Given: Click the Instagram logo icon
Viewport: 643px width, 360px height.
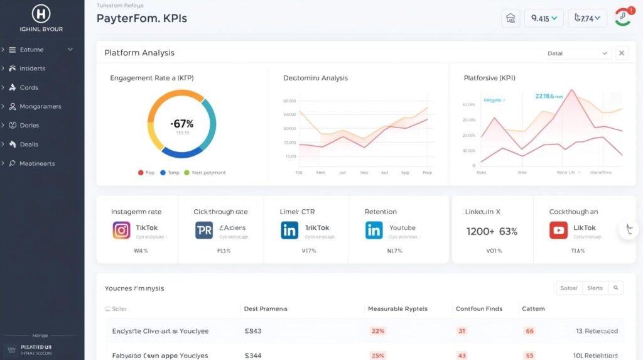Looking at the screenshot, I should click(121, 230).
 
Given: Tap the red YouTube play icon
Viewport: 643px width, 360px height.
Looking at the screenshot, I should click(558, 230).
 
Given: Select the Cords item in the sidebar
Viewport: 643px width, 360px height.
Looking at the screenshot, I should click(29, 87).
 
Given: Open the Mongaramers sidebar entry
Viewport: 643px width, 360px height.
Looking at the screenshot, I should click(40, 106).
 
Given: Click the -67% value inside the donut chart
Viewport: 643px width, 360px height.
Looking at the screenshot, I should click(181, 124).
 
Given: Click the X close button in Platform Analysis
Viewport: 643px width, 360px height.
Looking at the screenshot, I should click(622, 53).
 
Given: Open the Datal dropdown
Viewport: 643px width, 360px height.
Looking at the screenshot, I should click(577, 53).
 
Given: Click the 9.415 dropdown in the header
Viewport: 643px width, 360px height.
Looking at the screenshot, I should click(543, 18).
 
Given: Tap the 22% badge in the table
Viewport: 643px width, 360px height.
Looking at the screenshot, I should click(378, 330).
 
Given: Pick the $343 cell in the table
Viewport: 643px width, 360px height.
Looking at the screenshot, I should click(252, 330).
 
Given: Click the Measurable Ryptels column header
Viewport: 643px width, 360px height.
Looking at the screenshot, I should click(397, 308).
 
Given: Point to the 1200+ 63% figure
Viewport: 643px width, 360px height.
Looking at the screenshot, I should click(492, 231).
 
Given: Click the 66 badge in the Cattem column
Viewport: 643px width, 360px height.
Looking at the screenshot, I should click(529, 330).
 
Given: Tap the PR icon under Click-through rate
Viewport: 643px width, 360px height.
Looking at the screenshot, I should click(204, 230).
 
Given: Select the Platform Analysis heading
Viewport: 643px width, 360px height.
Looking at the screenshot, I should click(139, 53).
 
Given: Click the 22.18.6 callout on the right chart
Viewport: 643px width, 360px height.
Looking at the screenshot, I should click(544, 96).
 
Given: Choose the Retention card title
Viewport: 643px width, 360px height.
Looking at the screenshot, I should click(381, 212).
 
